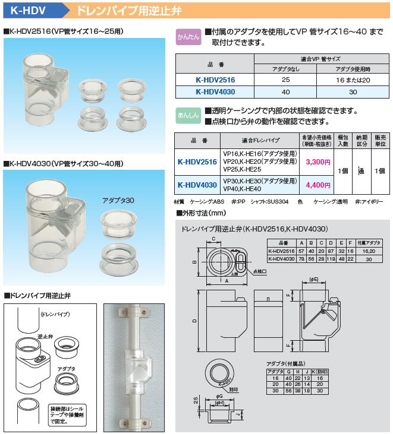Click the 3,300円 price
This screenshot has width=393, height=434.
click(x=317, y=161)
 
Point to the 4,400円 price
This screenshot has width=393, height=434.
click(x=317, y=185)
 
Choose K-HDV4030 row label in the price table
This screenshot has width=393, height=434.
click(x=197, y=185)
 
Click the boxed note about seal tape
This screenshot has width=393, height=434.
click(x=71, y=414)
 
